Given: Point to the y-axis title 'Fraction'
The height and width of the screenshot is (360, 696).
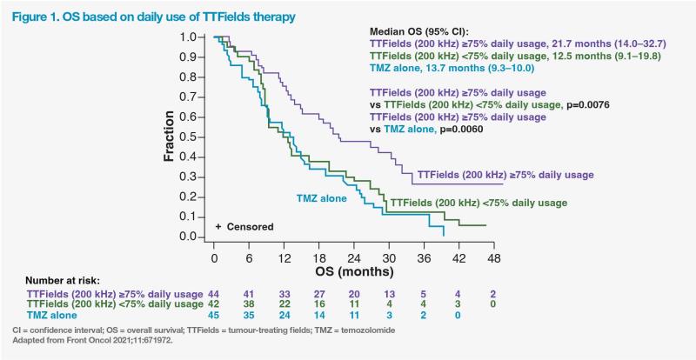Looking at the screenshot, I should pos(171,137).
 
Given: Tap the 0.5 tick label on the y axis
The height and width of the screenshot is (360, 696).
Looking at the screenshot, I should pos(197,137).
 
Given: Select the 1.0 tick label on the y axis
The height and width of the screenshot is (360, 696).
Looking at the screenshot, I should pos(197,37).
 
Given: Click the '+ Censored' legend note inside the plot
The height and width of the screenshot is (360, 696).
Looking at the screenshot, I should pos(244,227).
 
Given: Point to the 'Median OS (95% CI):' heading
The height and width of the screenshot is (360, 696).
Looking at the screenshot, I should pos(421,30).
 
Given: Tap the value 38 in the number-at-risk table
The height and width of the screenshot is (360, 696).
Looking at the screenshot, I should pos(249,305).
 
